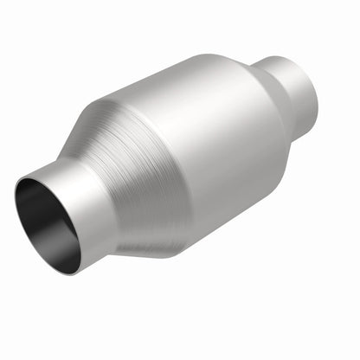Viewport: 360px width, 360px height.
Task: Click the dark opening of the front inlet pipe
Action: pyautogui.click(x=45, y=222)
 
